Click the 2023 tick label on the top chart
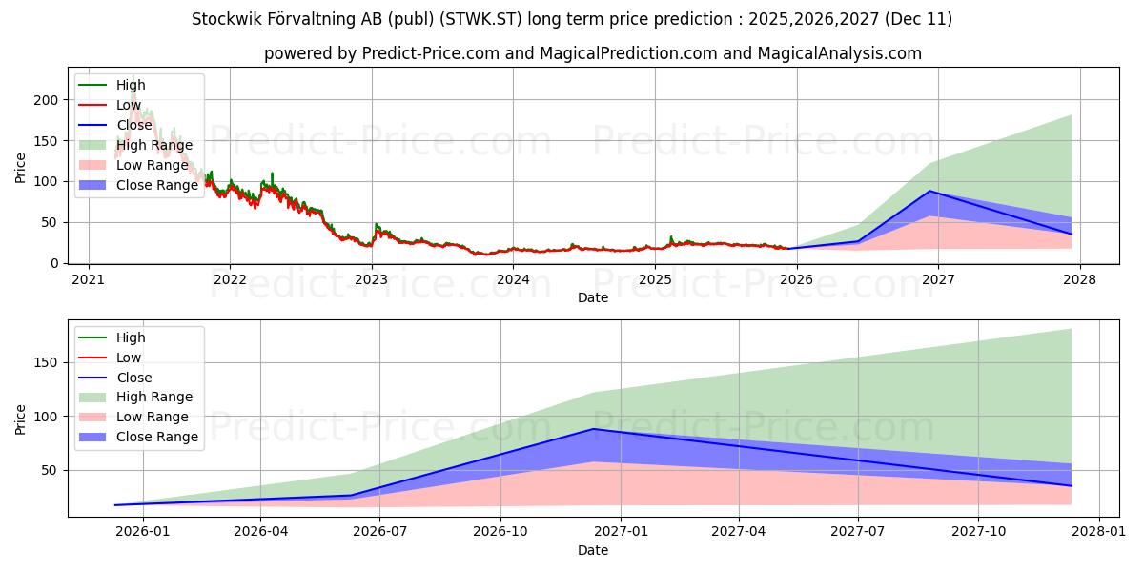tap(371, 279)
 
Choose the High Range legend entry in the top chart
tap(154, 145)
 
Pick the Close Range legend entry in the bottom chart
tap(157, 437)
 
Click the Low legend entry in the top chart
tap(129, 105)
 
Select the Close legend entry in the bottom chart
tap(134, 378)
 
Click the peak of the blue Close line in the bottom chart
tap(593, 428)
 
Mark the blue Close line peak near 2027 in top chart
tap(930, 191)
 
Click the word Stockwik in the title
tap(225, 19)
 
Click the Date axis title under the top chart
tap(593, 297)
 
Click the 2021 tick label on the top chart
tap(89, 279)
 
